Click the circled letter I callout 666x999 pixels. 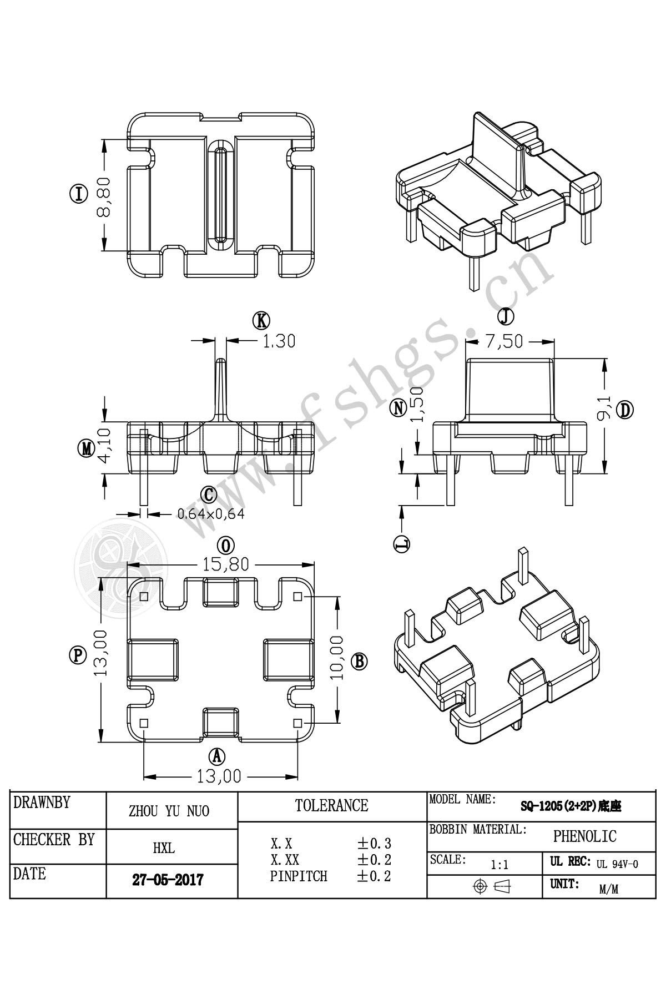point(79,195)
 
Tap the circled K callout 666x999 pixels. point(261,320)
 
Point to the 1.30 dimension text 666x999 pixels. point(278,340)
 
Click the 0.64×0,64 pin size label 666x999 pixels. point(211,513)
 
